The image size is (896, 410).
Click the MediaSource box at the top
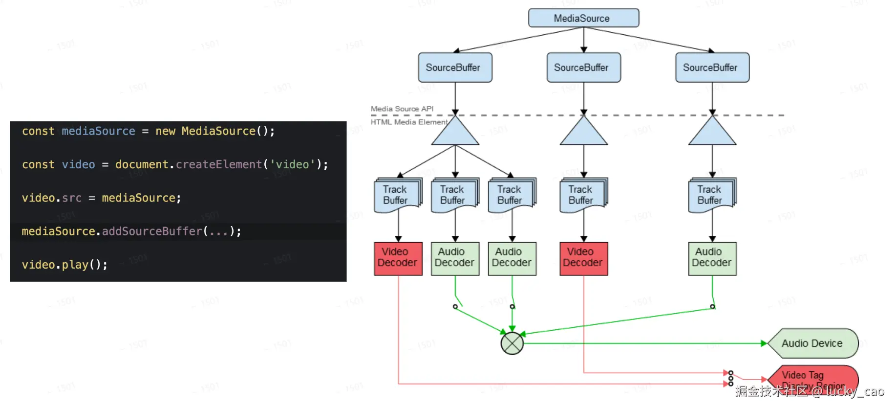coord(583,18)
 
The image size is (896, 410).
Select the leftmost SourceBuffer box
coord(454,68)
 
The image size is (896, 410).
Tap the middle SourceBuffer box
coord(583,68)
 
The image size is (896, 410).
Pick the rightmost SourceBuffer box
coord(712,68)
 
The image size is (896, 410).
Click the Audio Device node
coord(812,343)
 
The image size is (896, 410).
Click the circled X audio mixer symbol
coord(512,343)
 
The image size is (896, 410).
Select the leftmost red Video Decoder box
coord(398,258)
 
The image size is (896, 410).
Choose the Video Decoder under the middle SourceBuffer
coord(583,258)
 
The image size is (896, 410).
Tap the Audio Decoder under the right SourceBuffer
coord(712,258)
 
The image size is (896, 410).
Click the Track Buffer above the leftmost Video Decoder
coord(397,195)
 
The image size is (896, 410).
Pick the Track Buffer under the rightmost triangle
coord(711,195)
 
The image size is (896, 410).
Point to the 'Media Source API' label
coord(402,109)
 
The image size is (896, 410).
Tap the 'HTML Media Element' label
coord(408,122)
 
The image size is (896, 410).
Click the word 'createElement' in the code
coord(218,164)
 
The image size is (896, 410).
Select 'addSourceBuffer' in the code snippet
coord(152,231)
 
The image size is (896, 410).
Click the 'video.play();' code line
coord(64,265)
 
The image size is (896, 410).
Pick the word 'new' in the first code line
coord(165,131)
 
